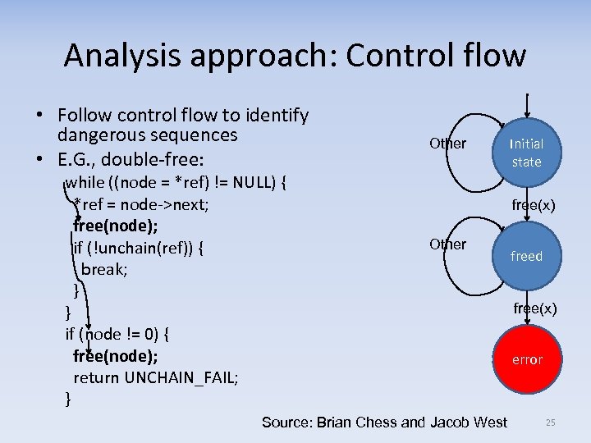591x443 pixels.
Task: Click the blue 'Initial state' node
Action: point(526,153)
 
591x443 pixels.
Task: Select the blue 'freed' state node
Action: point(526,255)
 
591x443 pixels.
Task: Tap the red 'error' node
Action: point(527,359)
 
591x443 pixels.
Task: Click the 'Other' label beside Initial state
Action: point(447,144)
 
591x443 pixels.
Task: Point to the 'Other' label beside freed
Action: point(447,244)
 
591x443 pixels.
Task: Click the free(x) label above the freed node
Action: point(534,205)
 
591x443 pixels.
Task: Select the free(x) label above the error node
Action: point(535,308)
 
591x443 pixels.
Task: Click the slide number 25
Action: point(550,422)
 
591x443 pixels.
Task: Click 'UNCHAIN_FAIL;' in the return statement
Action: point(181,377)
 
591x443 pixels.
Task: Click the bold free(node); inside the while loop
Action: point(116,225)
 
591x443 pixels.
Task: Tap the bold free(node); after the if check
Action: point(116,356)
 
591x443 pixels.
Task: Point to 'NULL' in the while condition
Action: point(253,181)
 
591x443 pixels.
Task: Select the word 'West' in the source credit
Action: point(490,422)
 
